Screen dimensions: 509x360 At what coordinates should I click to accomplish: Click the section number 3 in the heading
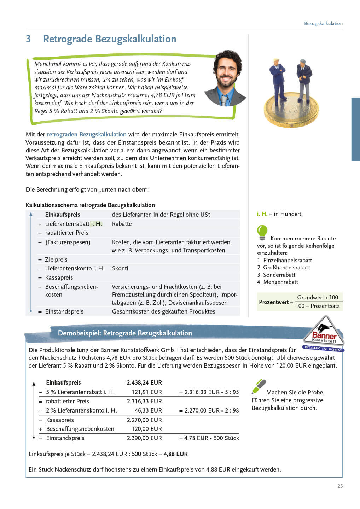(x=28, y=39)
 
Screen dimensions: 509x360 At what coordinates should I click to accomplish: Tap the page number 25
(x=340, y=486)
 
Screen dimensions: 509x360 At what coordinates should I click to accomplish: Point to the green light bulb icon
(x=262, y=232)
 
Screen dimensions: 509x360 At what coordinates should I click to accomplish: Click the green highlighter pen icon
(x=259, y=386)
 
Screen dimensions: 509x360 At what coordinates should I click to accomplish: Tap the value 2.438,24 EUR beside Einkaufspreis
(x=144, y=382)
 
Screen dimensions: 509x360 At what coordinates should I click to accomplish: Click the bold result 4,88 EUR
(x=176, y=454)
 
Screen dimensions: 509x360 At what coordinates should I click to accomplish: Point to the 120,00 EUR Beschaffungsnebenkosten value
(x=146, y=429)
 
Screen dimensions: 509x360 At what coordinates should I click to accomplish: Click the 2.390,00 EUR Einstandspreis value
(x=144, y=438)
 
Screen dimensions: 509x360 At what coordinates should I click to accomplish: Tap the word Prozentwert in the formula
(x=274, y=302)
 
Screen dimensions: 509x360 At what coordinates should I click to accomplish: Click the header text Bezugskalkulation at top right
(x=323, y=23)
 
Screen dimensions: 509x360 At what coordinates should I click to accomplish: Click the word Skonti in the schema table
(x=120, y=268)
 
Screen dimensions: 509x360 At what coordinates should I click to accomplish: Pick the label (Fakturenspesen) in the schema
(x=68, y=242)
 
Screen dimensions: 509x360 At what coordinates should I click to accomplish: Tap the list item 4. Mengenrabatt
(x=278, y=282)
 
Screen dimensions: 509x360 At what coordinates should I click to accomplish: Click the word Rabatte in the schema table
(x=122, y=224)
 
